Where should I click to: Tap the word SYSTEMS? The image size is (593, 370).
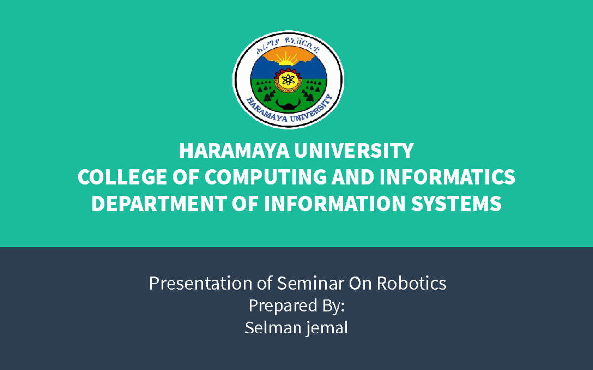tap(461, 204)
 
